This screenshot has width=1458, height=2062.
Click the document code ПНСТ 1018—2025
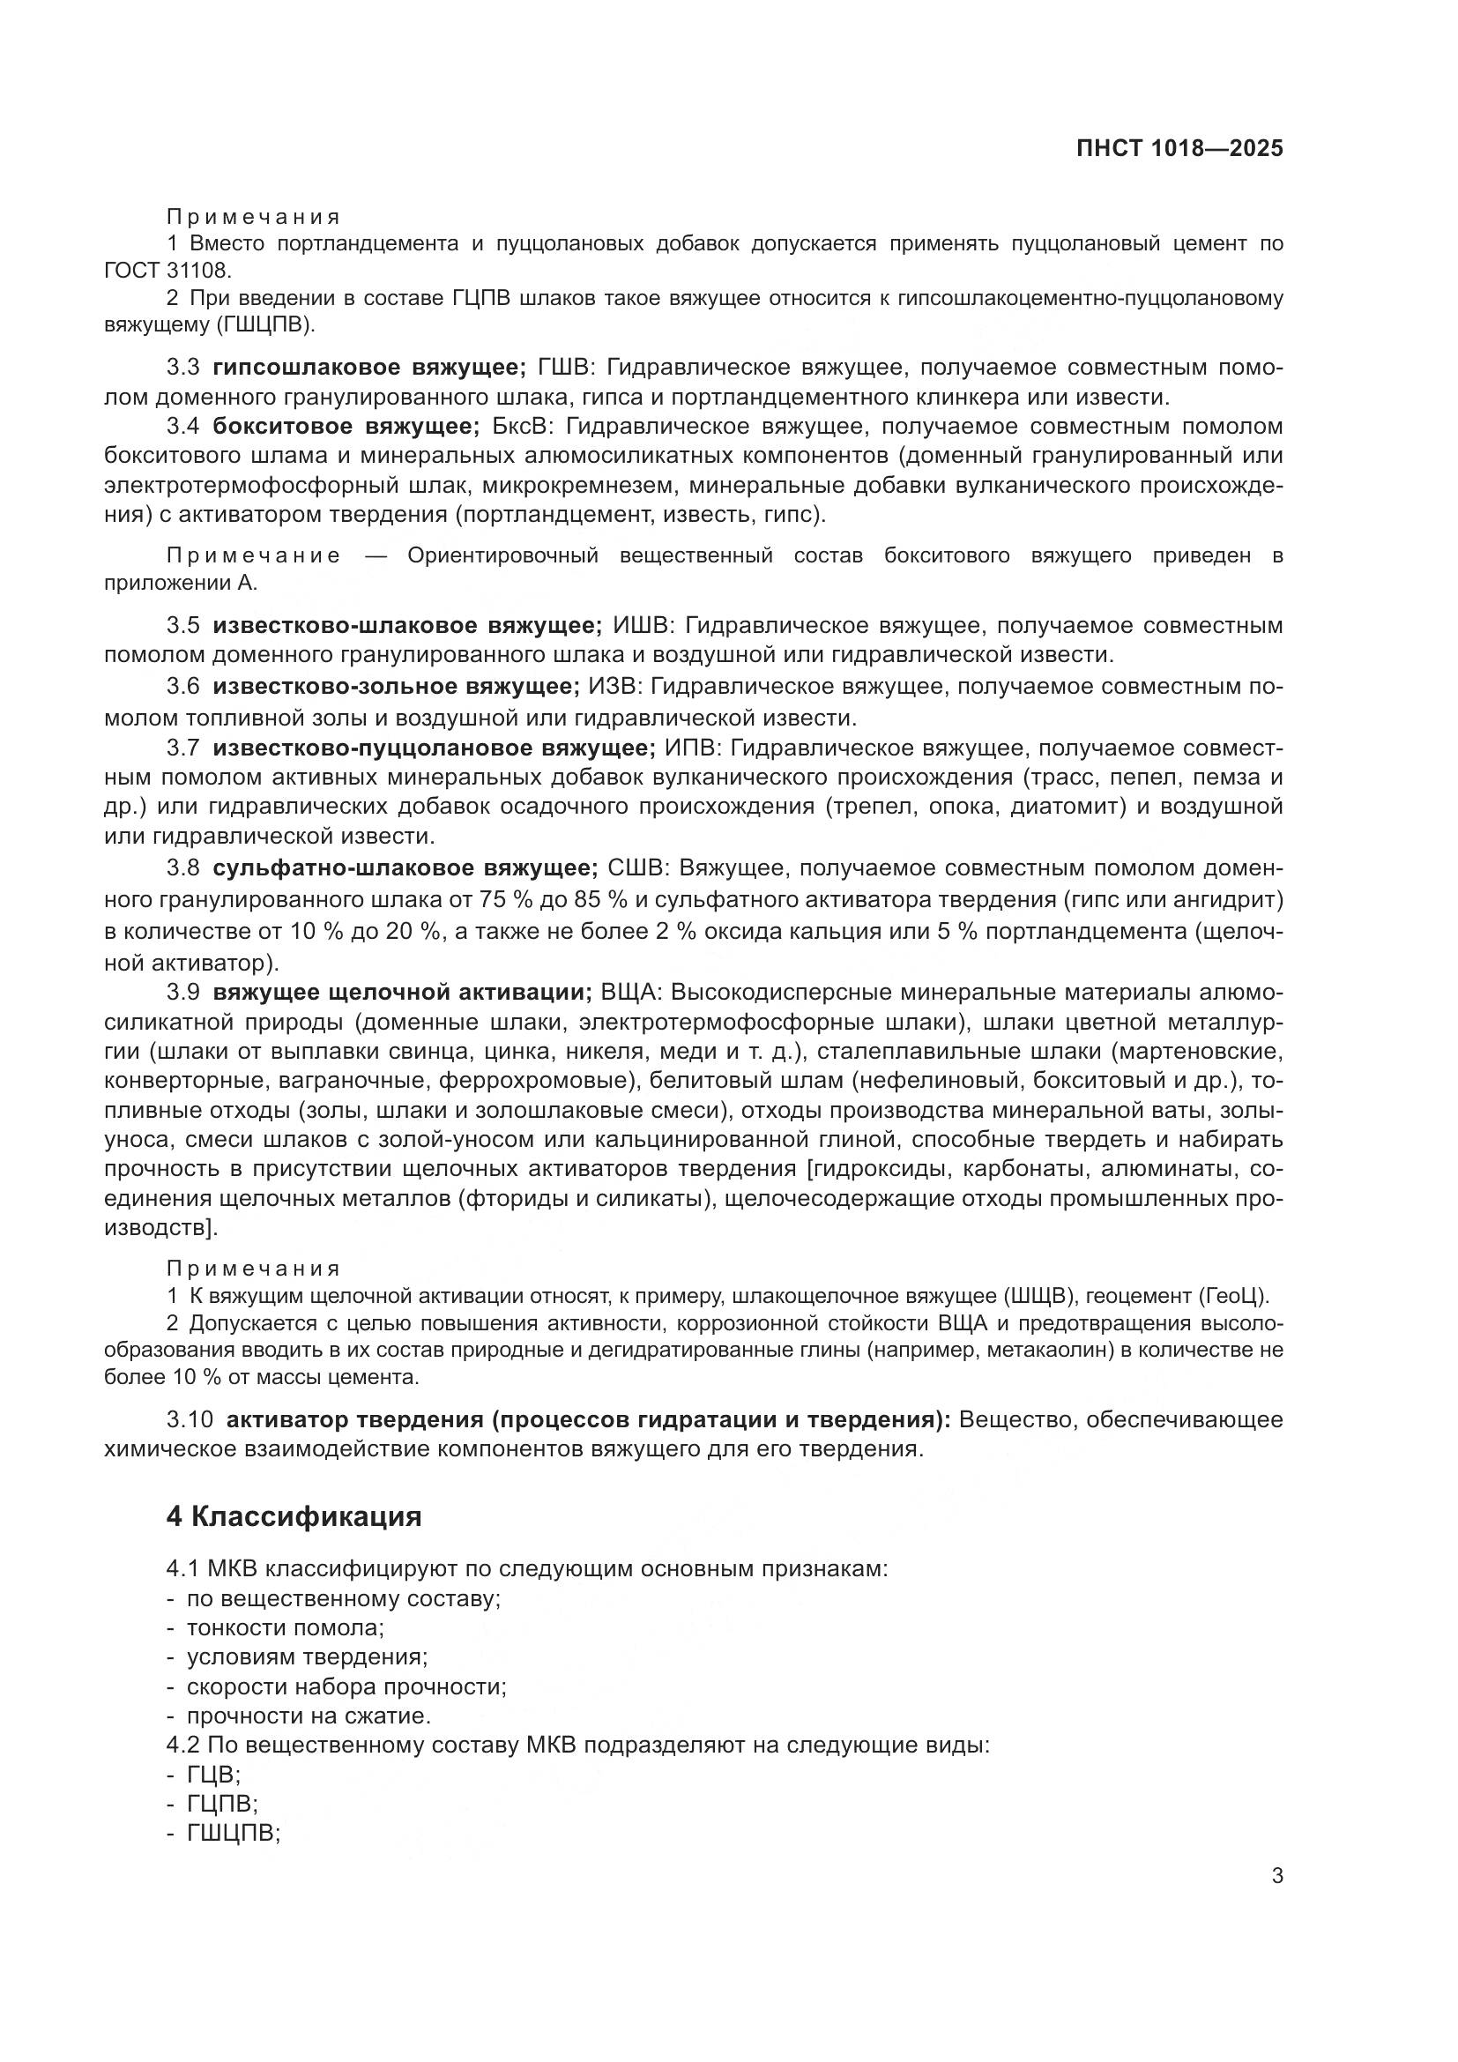pyautogui.click(x=1179, y=149)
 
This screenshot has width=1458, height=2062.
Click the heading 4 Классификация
pyautogui.click(x=294, y=1517)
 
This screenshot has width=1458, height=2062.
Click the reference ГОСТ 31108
pyautogui.click(x=167, y=271)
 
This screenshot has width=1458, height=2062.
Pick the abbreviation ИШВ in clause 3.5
pyautogui.click(x=641, y=625)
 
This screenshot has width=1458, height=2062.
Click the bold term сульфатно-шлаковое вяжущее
pyautogui.click(x=405, y=868)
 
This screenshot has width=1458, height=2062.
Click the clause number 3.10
pyautogui.click(x=190, y=1420)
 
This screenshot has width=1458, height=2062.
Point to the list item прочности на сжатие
pyautogui.click(x=309, y=1716)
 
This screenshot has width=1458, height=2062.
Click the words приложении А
pyautogui.click(x=181, y=584)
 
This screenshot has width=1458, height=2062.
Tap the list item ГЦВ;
pyautogui.click(x=213, y=1775)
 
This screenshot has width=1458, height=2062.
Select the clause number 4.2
pyautogui.click(x=183, y=1746)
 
